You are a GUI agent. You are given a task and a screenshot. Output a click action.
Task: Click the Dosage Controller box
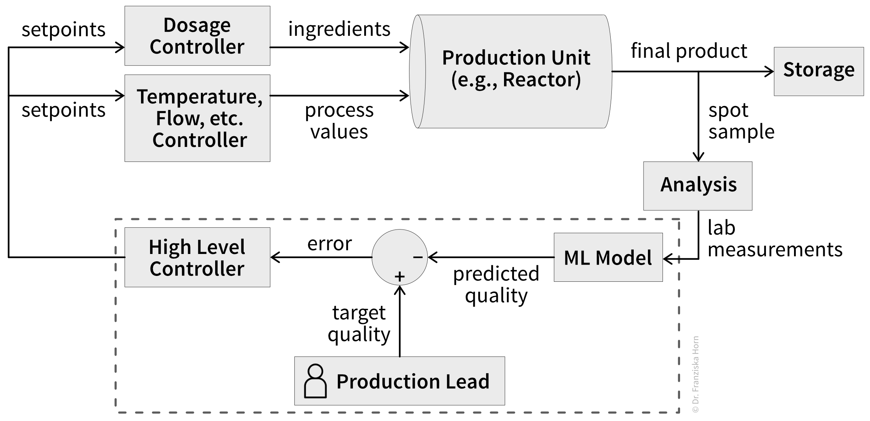(197, 36)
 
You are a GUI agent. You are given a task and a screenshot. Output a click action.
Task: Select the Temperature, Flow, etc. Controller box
(197, 118)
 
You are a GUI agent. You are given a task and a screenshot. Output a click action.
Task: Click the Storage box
(819, 71)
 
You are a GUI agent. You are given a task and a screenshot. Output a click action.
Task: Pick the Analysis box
(698, 186)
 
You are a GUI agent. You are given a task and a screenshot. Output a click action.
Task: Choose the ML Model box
(608, 257)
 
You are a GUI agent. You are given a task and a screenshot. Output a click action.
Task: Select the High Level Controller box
(197, 257)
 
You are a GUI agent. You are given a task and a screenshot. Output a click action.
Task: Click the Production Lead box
(400, 381)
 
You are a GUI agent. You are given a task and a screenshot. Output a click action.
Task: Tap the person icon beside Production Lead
(315, 381)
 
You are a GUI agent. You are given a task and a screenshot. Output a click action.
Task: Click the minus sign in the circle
(418, 257)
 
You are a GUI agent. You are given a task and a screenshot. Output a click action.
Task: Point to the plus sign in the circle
(400, 277)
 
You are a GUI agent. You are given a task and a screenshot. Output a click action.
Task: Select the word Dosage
(197, 25)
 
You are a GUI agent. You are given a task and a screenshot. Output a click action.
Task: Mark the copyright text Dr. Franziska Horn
(696, 375)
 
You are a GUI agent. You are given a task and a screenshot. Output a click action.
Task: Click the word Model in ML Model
(623, 258)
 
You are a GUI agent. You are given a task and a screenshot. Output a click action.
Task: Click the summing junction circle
(400, 257)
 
